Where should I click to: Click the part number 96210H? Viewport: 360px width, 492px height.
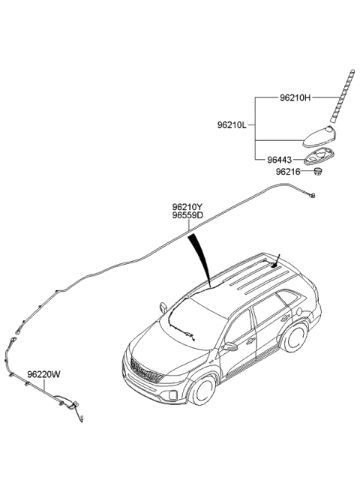point(295,98)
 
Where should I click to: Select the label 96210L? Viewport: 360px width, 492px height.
point(232,125)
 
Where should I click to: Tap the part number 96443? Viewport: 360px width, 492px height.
point(279,160)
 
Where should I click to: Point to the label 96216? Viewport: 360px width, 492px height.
point(288,172)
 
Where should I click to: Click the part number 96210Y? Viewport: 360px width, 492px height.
point(187,207)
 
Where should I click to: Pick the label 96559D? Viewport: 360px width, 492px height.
point(187,215)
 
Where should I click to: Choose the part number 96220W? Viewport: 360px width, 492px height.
point(43,374)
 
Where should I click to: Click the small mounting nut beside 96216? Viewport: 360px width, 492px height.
point(318,172)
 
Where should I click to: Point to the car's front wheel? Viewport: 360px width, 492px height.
point(202,390)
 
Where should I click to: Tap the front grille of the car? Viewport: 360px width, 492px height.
point(146,370)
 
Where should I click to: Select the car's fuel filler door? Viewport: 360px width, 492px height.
point(298,312)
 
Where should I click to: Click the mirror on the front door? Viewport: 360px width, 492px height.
point(230,346)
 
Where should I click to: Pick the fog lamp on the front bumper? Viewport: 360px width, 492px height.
point(173,394)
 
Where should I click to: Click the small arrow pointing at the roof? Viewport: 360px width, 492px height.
point(275,260)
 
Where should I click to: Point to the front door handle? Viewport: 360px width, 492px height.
point(250,341)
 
